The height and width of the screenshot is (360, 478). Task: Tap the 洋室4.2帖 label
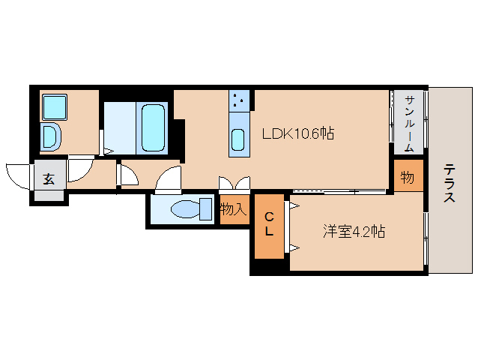[354, 232]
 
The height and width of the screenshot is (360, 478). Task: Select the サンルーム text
[409, 124]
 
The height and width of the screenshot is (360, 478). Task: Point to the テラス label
[449, 184]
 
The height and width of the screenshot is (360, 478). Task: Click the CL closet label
[269, 225]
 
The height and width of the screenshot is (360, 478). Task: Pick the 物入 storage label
[234, 209]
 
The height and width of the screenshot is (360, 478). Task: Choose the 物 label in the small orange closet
[408, 178]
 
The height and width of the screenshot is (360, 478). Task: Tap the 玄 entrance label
[49, 179]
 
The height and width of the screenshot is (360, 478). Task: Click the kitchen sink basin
[238, 139]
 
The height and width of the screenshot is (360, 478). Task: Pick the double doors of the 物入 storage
[233, 184]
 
